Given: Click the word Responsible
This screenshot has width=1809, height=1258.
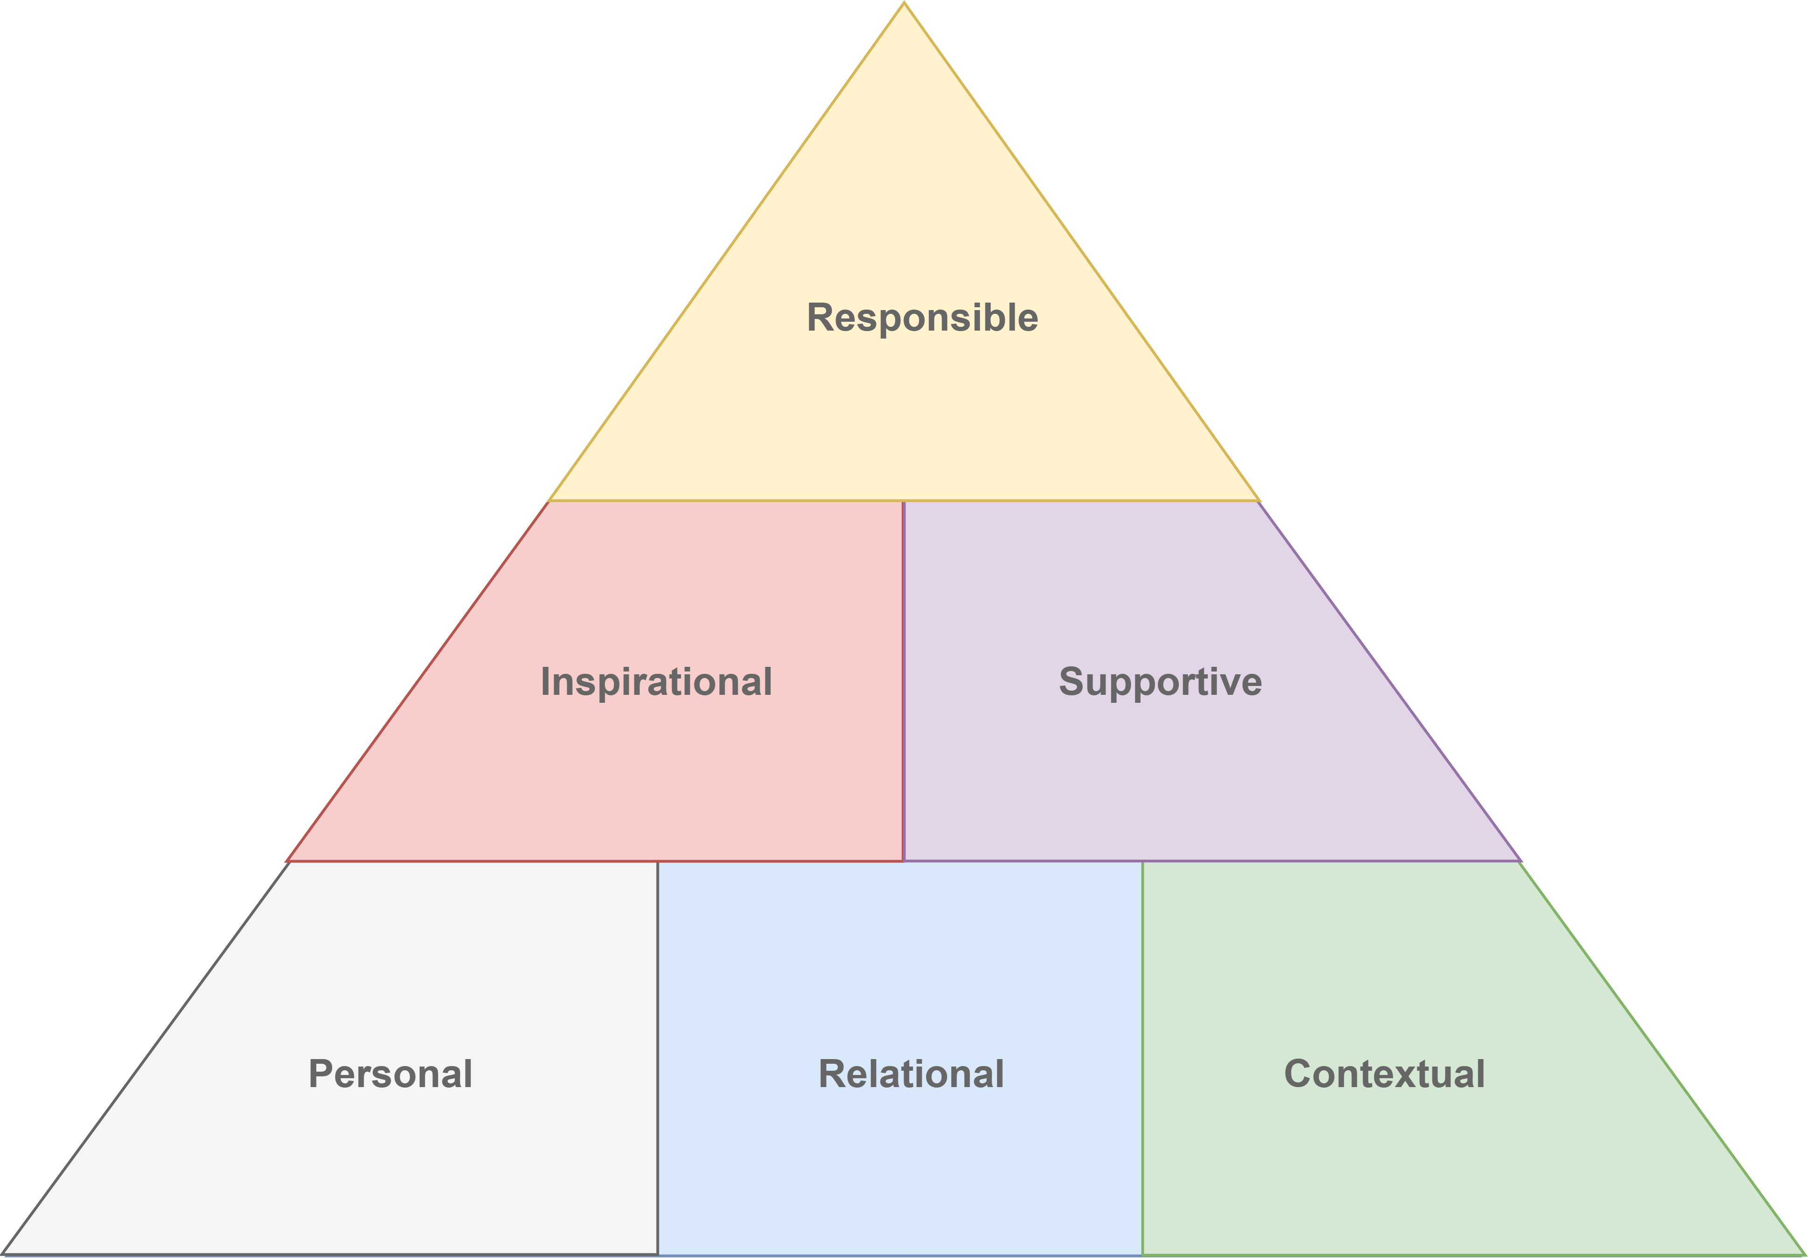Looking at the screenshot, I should (922, 318).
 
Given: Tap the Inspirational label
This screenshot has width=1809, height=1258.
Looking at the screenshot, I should (656, 682).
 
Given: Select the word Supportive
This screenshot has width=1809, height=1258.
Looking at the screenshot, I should (1160, 682).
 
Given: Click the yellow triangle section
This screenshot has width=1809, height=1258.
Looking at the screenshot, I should (904, 410).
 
